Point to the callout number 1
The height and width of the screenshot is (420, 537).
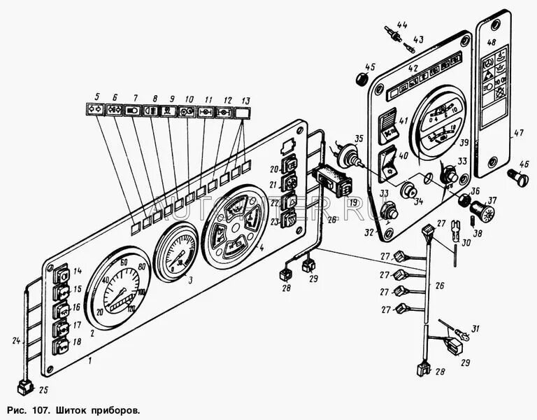pyautogui.click(x=90, y=360)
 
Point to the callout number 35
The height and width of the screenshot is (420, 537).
pyautogui.click(x=339, y=139)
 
